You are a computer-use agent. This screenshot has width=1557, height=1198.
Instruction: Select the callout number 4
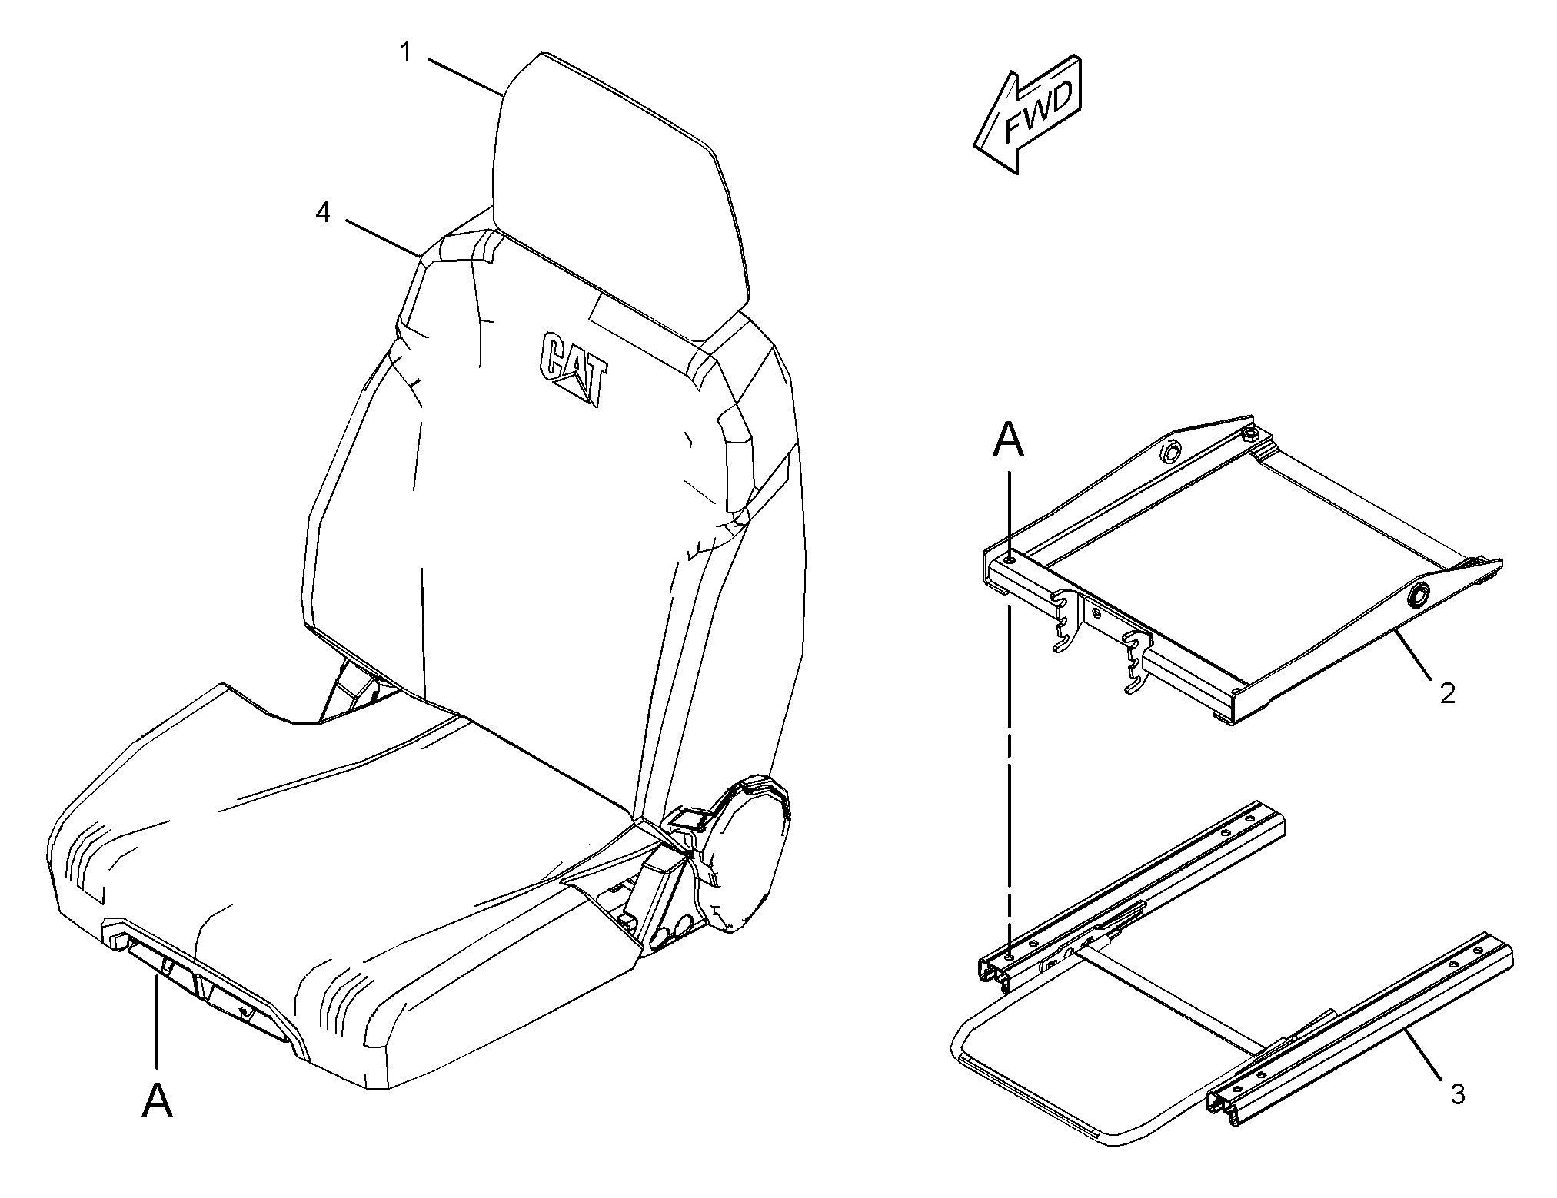tap(323, 212)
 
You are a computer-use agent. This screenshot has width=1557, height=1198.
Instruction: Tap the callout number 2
tap(1447, 693)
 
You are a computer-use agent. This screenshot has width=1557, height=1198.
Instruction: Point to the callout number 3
tap(1458, 1093)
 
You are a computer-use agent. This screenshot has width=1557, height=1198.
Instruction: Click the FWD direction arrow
tap(1028, 114)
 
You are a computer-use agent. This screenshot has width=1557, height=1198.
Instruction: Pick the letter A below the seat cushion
tap(158, 1101)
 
